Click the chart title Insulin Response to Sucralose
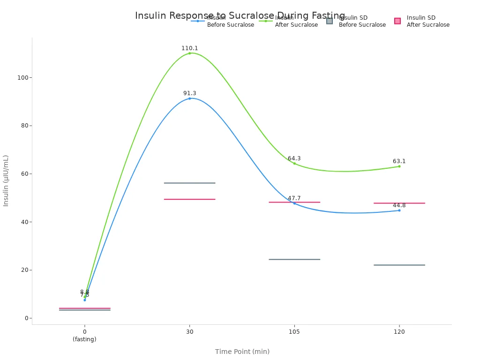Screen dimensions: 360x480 240,15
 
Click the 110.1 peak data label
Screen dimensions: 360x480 190,48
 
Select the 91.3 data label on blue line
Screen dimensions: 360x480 190,93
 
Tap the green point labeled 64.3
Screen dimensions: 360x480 294,163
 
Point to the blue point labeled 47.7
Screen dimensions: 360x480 294,203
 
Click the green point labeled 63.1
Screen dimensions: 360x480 399,166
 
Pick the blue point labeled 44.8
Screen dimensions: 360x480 399,210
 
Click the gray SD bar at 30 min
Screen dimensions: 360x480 190,183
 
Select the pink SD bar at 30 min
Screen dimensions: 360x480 190,199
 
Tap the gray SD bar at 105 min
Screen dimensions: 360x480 294,259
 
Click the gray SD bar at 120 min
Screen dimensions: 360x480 399,265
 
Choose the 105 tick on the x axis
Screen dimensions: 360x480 294,331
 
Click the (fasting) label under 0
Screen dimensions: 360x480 85,339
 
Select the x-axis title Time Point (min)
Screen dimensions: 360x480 242,352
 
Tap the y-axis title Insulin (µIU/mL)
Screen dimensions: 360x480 6,180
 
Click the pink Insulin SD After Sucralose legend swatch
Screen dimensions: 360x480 397,21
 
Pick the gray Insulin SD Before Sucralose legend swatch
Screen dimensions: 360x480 330,21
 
